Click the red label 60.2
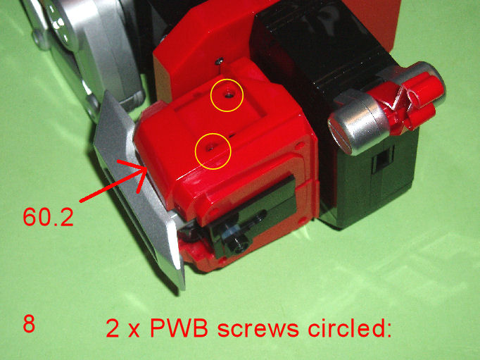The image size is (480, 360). click(x=49, y=217)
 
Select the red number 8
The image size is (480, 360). click(x=29, y=324)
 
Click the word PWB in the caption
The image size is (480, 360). click(x=179, y=328)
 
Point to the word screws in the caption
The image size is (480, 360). click(x=258, y=330)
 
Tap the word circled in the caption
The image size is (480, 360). click(x=346, y=328)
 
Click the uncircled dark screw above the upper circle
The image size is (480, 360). click(x=219, y=61)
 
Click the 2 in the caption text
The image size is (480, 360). click(x=113, y=328)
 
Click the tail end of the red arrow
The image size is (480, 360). click(x=80, y=201)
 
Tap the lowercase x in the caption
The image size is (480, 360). click(x=134, y=331)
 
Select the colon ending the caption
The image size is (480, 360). click(x=388, y=331)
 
